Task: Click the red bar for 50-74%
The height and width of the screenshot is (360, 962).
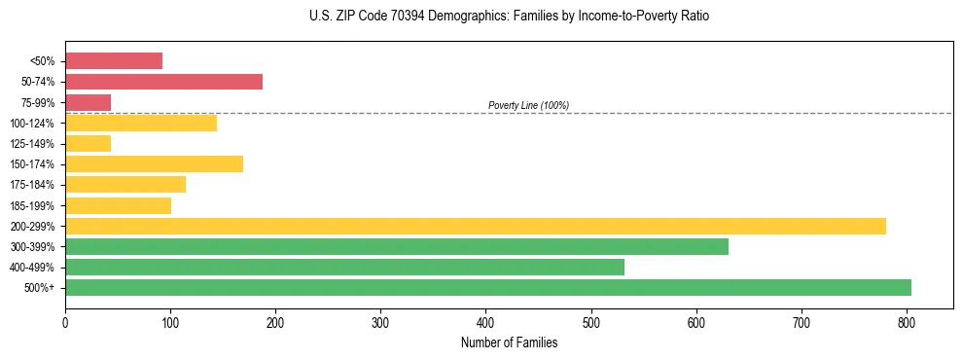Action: click(x=163, y=82)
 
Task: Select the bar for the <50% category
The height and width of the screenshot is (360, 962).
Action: click(x=114, y=61)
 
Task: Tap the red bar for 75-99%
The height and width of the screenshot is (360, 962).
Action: click(x=88, y=102)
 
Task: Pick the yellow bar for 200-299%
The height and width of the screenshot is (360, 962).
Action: click(x=476, y=226)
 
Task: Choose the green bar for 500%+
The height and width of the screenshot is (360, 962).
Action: click(x=488, y=287)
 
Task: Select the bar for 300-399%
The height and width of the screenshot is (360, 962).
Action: click(x=397, y=246)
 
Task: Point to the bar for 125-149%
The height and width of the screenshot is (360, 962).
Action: click(x=88, y=144)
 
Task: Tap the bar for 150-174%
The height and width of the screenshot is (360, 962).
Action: click(x=154, y=164)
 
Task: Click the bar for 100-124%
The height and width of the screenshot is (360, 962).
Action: click(x=141, y=123)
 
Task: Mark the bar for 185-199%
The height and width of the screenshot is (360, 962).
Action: click(x=118, y=205)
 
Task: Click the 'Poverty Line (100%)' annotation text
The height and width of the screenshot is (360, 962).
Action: click(x=528, y=105)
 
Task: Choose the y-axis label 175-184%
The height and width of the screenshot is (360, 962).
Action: click(x=33, y=185)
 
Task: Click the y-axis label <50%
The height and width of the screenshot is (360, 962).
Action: click(x=43, y=61)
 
